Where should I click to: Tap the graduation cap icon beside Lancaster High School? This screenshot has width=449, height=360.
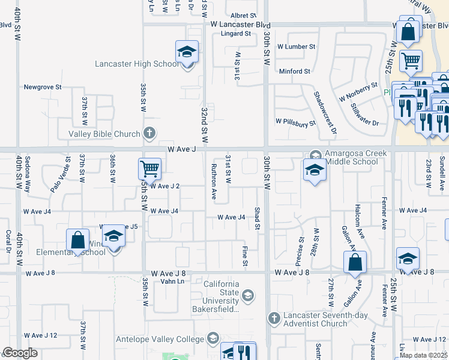[x=187, y=53]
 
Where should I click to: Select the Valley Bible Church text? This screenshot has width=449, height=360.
[x=104, y=134]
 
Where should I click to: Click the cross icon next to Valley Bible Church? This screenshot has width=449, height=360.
[x=150, y=133]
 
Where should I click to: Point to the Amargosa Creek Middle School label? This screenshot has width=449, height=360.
[x=356, y=157]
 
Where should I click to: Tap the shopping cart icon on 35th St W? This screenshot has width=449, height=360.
[x=149, y=169]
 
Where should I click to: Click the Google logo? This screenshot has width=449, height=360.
[x=20, y=353]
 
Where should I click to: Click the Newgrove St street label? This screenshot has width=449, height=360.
[x=43, y=87]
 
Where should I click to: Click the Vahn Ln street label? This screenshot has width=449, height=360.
[x=172, y=281]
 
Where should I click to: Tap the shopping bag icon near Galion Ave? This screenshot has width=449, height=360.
[x=355, y=262]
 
